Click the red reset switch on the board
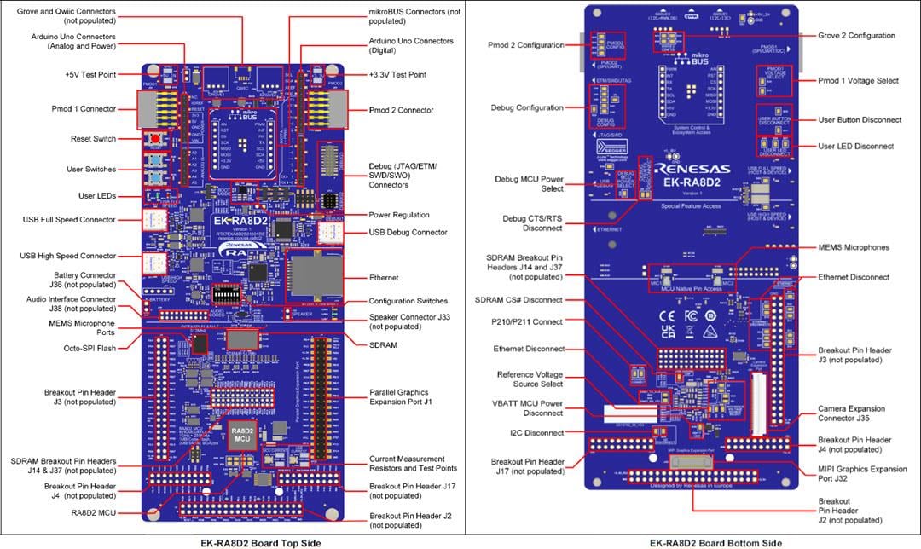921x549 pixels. [x=156, y=139]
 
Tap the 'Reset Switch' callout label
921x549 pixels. [x=93, y=139]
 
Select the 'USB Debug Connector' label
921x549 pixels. [x=408, y=232]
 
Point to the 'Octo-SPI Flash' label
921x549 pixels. [x=88, y=348]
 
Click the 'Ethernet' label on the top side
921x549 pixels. [x=385, y=278]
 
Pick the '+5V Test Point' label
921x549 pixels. [x=90, y=75]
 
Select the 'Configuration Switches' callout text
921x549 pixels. [x=408, y=301]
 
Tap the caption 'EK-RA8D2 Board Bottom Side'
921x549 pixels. [x=702, y=541]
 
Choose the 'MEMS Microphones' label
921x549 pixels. [x=854, y=247]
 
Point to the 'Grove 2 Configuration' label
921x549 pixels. [x=856, y=36]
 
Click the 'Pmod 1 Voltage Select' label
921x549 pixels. [x=858, y=81]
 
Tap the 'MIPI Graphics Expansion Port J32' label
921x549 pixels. [x=861, y=475]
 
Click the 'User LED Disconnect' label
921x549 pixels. [x=855, y=146]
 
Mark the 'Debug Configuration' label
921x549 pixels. [x=527, y=107]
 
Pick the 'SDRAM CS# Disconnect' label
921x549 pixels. [x=518, y=300]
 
